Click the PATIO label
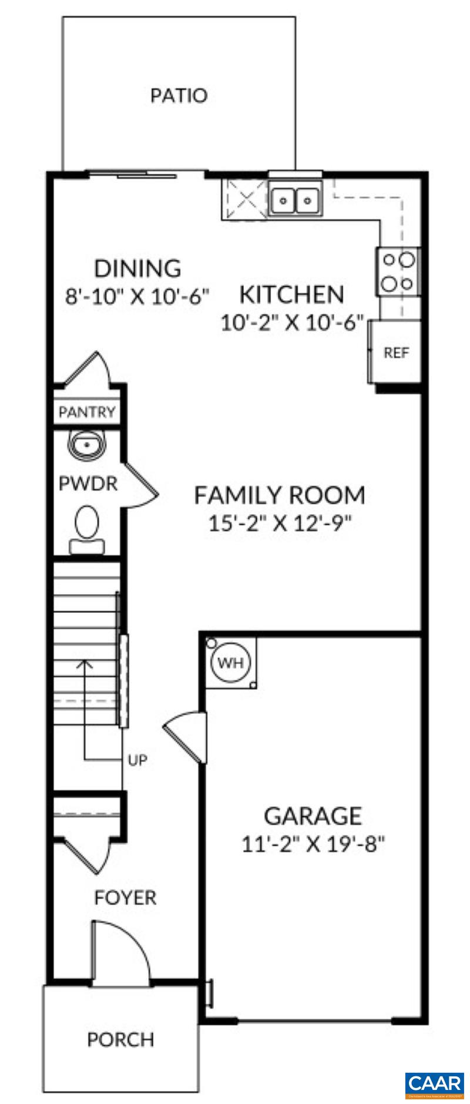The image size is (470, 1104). [179, 95]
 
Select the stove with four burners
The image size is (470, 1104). [398, 271]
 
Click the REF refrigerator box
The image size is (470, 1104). [396, 353]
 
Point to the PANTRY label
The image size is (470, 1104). [87, 412]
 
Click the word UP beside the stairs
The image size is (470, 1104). [137, 760]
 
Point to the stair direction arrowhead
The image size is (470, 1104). [85, 664]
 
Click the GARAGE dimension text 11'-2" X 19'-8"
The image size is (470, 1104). [313, 844]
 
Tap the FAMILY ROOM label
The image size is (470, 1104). [280, 495]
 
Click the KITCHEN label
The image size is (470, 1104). [291, 294]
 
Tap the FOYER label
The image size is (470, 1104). [125, 898]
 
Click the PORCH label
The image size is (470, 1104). [120, 1039]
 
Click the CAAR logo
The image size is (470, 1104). [435, 1082]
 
